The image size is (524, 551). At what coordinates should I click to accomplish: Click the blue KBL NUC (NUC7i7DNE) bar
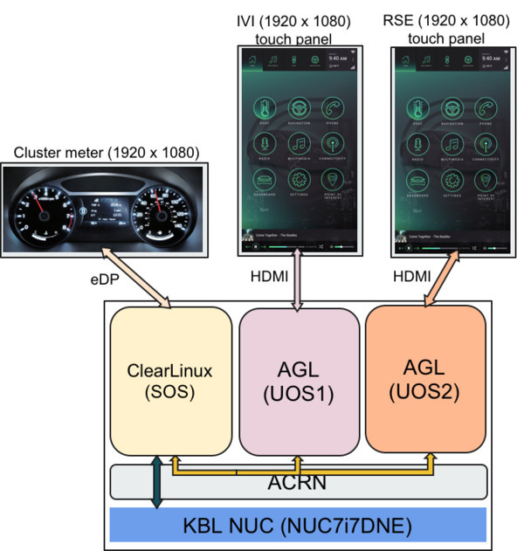(297, 526)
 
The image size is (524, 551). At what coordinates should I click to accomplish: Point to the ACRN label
(297, 483)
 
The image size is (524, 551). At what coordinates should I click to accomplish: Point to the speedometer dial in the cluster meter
(162, 214)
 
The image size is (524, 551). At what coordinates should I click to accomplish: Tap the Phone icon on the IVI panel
(333, 107)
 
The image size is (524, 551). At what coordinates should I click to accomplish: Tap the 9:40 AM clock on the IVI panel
(337, 59)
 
